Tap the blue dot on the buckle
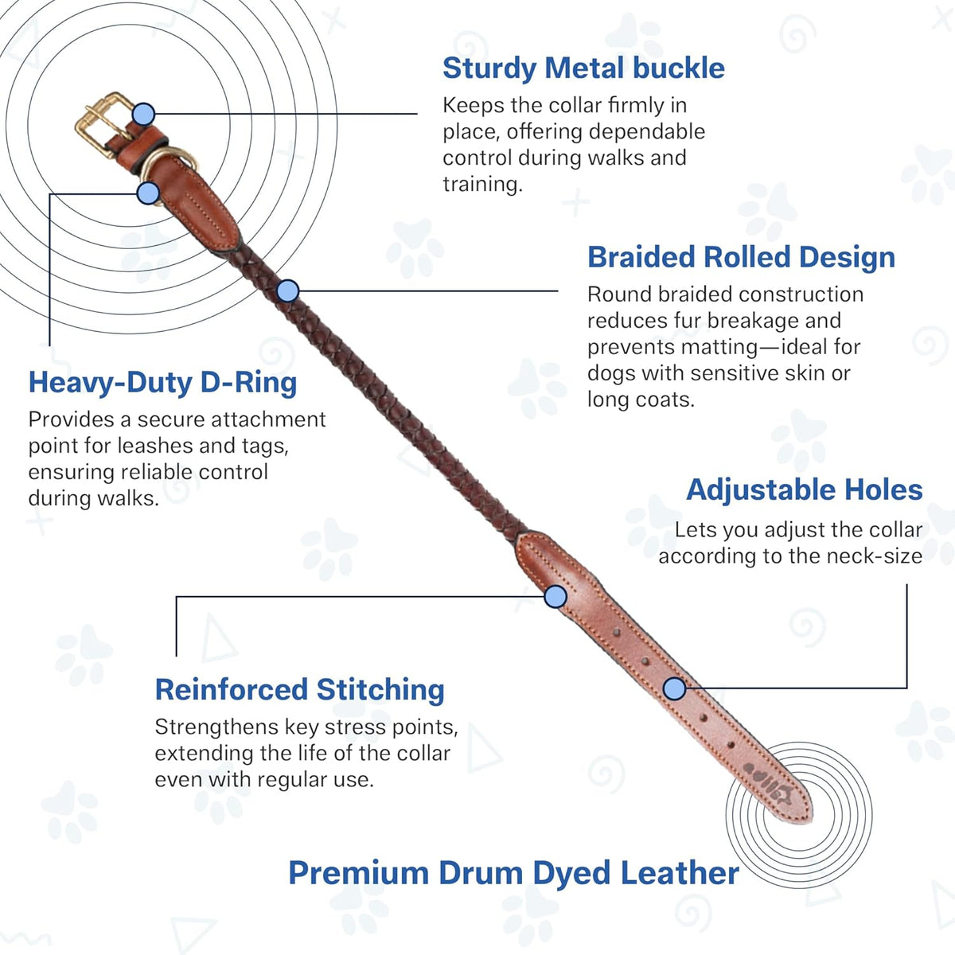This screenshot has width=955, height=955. click(144, 114)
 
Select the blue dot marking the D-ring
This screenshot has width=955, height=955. click(148, 193)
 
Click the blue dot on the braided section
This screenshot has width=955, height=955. click(288, 291)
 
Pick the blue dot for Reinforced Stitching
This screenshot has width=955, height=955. click(555, 596)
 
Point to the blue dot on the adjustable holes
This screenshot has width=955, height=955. click(675, 688)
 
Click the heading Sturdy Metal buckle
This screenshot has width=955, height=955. click(583, 68)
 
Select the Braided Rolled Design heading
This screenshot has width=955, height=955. click(742, 257)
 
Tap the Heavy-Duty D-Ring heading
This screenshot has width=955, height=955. click(162, 383)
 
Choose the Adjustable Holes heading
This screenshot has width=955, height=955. click(805, 489)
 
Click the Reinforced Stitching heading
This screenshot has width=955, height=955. click(299, 690)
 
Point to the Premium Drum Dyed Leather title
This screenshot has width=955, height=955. click(513, 872)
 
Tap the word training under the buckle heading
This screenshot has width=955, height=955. click(482, 185)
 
